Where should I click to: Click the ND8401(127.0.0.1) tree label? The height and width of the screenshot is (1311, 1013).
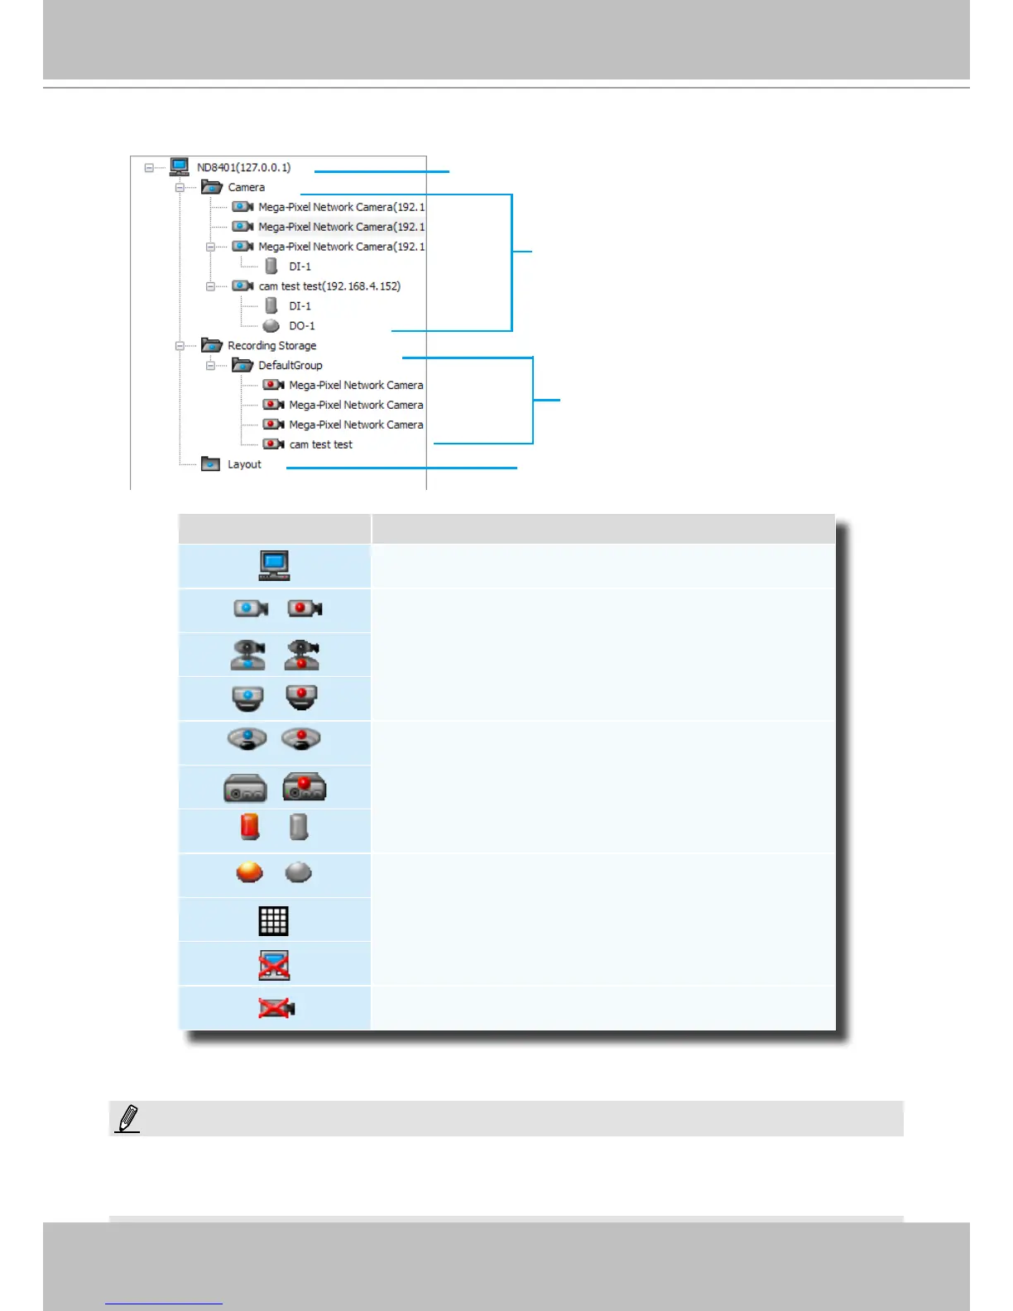[x=243, y=167]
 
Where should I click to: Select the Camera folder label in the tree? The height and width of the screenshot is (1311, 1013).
[x=246, y=188]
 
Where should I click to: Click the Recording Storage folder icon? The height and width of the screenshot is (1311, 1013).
[x=212, y=345]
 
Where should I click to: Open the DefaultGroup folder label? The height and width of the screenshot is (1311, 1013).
[x=290, y=365]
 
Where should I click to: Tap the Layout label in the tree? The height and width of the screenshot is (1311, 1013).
[x=244, y=464]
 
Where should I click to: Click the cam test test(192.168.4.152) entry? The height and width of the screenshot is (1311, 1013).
[x=329, y=286]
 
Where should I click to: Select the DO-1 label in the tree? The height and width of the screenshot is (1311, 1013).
[x=301, y=326]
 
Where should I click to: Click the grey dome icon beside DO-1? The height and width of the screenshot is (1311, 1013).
[x=271, y=326]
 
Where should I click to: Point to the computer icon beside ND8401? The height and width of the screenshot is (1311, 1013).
[x=180, y=167]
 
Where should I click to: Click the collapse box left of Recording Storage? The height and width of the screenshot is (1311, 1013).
[x=180, y=346]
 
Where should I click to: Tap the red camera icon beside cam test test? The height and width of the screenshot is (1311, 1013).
[x=273, y=444]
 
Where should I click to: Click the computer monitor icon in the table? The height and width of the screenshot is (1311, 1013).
[x=274, y=565]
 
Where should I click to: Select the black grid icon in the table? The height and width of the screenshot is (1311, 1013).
[x=273, y=920]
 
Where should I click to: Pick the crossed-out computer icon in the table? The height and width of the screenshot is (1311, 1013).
[x=274, y=965]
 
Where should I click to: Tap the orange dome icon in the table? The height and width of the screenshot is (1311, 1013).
[x=249, y=872]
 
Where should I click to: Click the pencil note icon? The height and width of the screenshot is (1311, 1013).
[x=127, y=1119]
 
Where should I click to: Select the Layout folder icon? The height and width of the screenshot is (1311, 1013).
[x=211, y=464]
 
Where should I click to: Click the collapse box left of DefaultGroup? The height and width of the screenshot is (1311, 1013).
[x=210, y=366]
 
